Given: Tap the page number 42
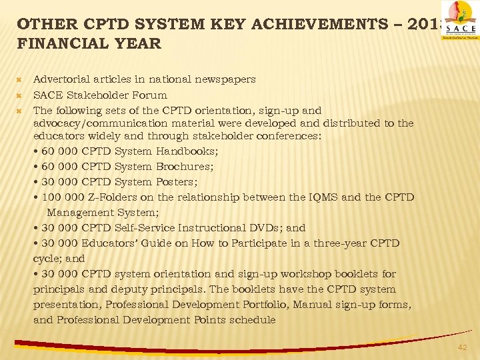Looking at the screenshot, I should [463, 347].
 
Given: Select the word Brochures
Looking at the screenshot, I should [185, 167].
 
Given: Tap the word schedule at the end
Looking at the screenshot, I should [253, 320].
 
